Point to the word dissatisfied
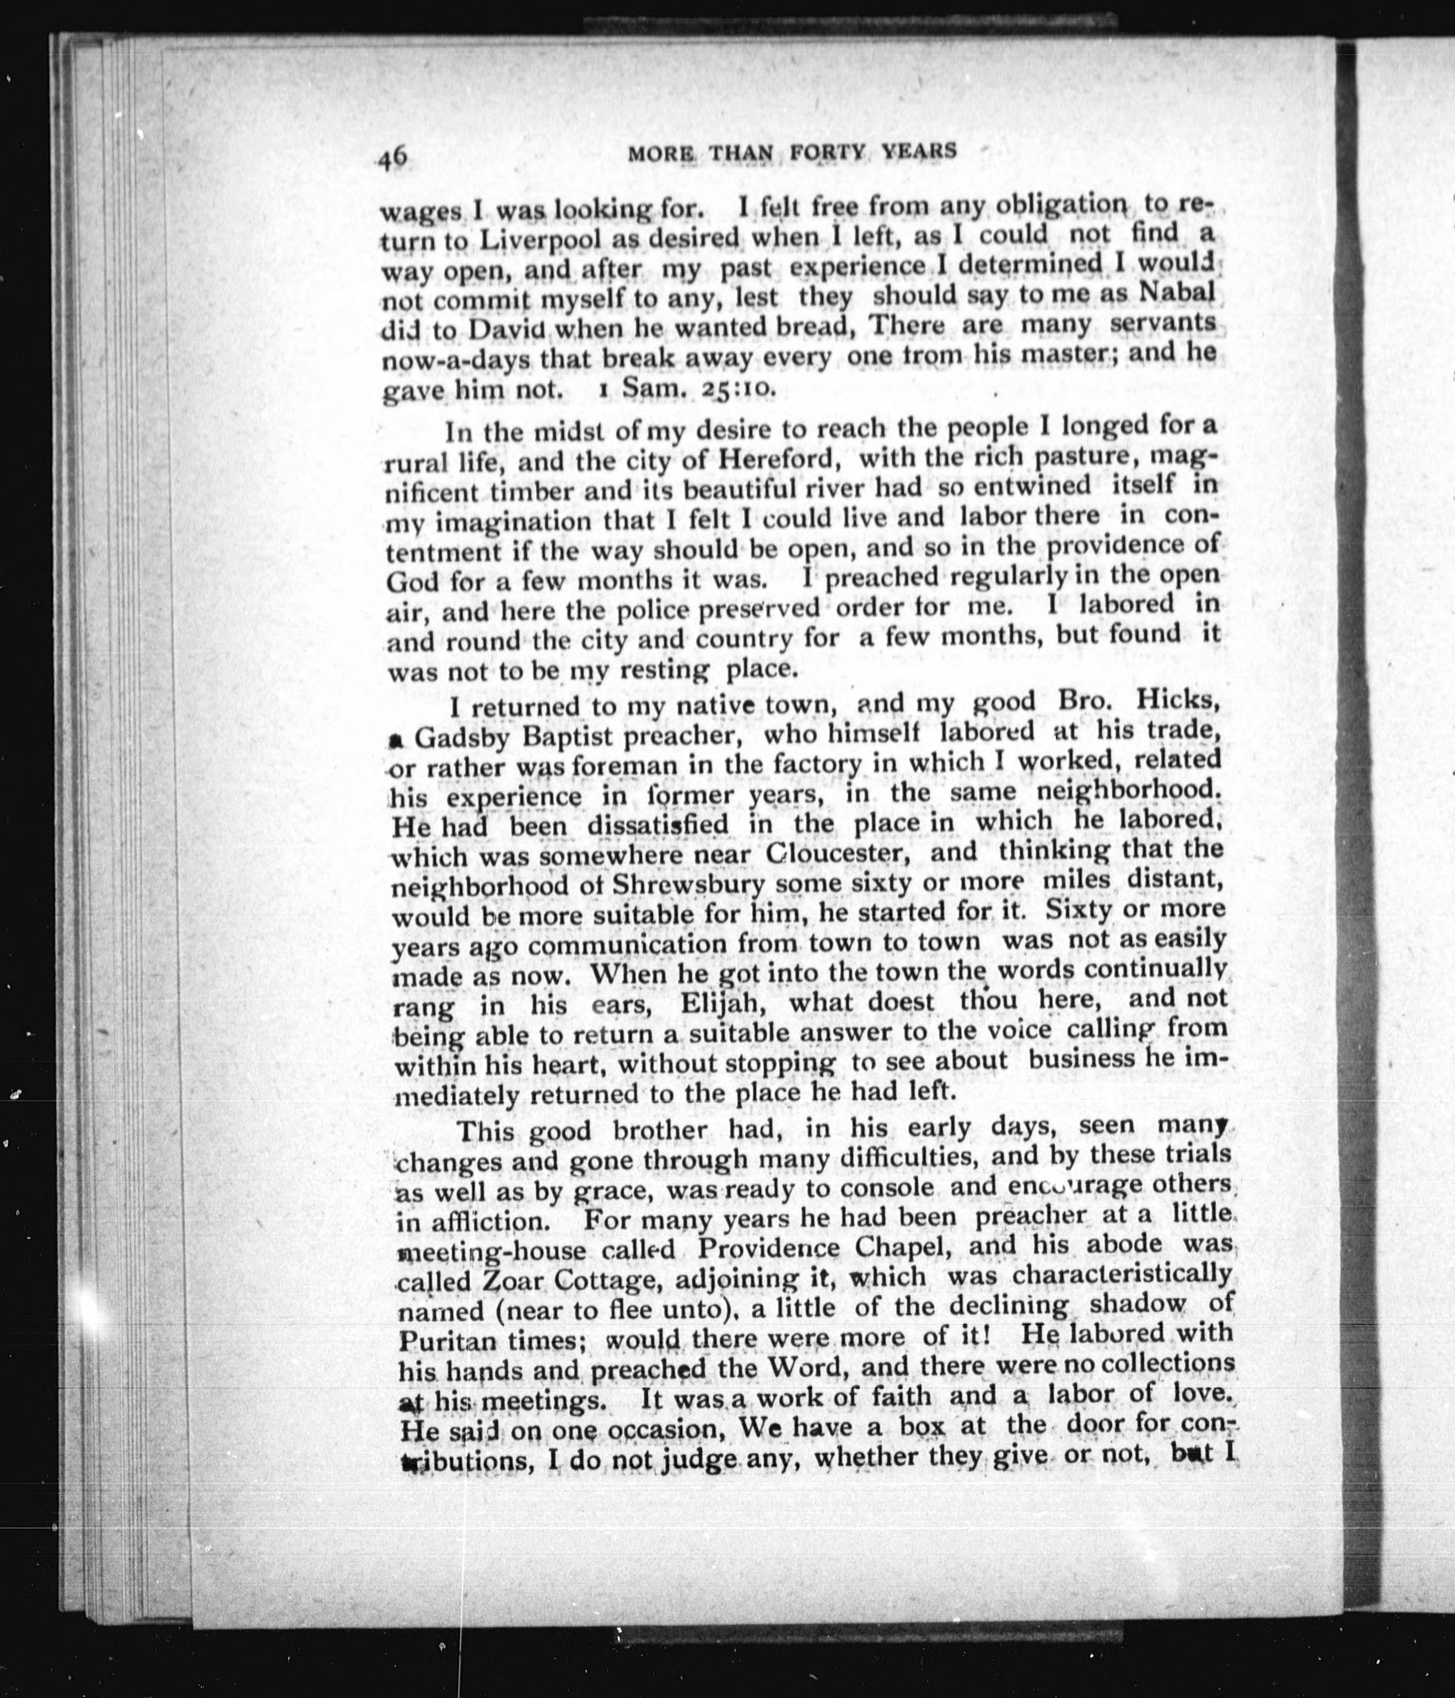point(657,824)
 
